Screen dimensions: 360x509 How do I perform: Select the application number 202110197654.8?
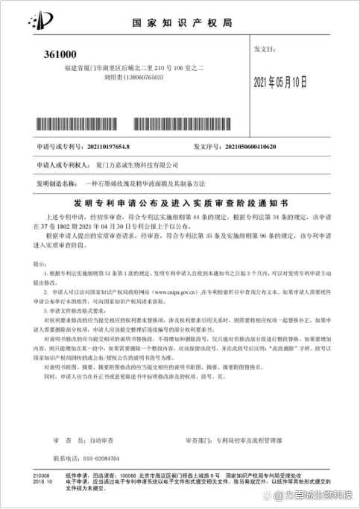108,148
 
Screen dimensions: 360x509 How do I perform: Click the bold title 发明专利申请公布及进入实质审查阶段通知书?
179,202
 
